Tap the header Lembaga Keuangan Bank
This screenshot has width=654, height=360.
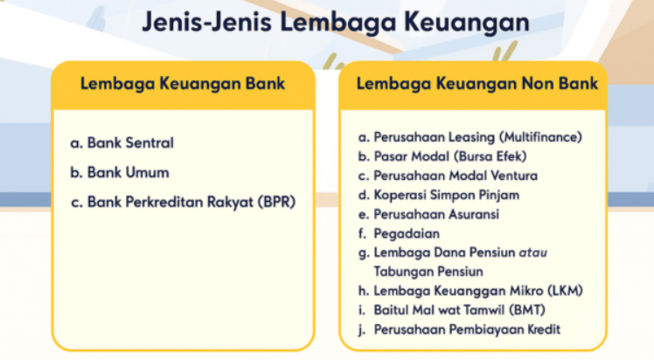coord(183,84)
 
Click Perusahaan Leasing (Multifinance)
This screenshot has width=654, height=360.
coord(477,137)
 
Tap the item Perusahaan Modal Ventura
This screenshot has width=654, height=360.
coord(456,176)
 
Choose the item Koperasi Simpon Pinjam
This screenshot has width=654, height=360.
coord(446,195)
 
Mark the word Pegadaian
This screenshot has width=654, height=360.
coord(407,233)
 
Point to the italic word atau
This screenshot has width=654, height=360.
coord(532,253)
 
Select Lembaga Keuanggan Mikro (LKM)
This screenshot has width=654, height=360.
coord(477,291)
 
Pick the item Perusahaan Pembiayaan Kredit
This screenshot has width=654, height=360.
coord(467,329)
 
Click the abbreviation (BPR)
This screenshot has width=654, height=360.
coord(276,202)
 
